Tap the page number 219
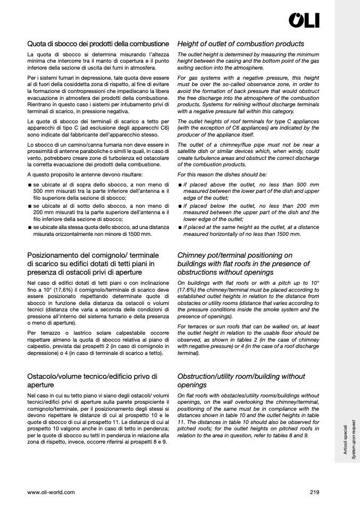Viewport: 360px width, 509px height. coord(314,492)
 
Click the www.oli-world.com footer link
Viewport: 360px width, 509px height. coord(51,492)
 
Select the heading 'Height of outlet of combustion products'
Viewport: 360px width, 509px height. coord(240,44)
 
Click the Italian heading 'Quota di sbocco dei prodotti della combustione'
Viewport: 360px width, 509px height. coord(98,44)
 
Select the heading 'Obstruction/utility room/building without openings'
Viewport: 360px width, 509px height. coord(241,380)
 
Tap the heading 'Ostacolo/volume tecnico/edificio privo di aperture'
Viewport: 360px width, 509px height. coord(93,380)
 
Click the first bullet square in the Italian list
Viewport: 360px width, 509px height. coord(30,185)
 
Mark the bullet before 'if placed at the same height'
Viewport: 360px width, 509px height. coord(180,227)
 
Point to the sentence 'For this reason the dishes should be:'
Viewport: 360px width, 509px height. coord(222,174)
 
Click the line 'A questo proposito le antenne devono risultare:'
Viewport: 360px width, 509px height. coord(85,174)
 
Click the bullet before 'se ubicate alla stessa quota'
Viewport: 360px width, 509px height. coord(30,227)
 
